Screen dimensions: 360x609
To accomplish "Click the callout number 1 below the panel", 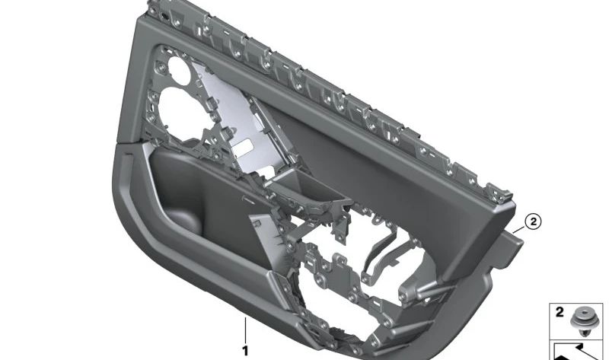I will [245, 351].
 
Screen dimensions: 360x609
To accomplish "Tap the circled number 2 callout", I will [534, 222].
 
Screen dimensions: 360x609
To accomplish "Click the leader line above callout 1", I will [245, 332].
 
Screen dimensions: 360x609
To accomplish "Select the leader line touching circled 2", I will [519, 228].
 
